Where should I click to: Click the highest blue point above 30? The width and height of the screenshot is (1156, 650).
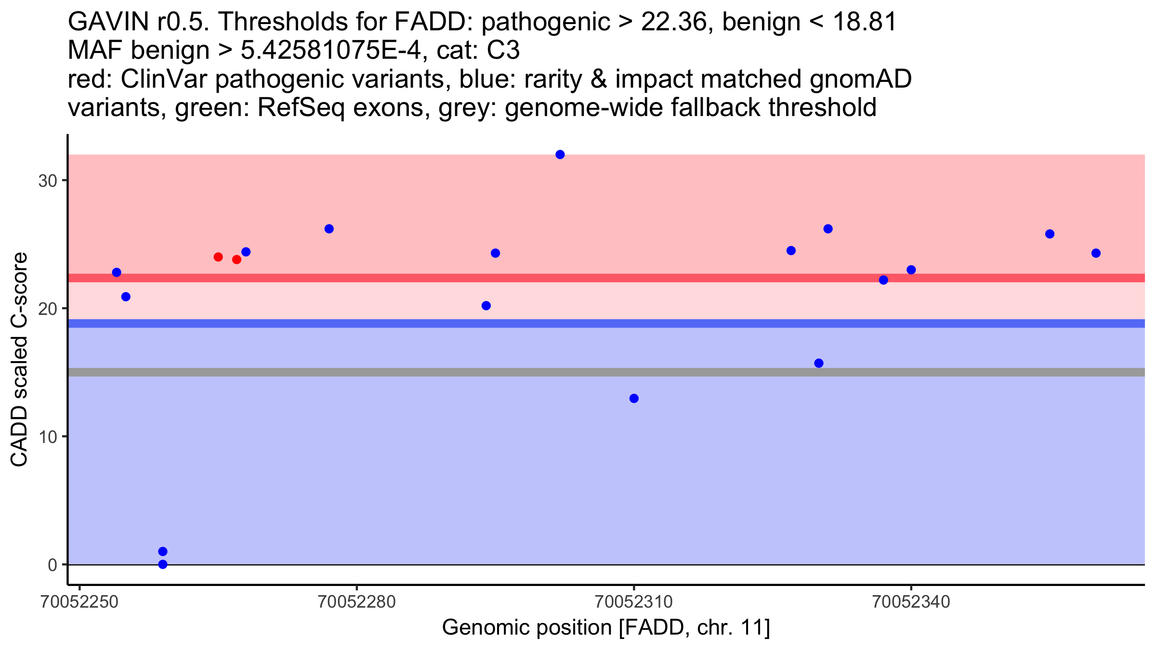coord(560,155)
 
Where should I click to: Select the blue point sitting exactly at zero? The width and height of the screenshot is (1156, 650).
coord(163,564)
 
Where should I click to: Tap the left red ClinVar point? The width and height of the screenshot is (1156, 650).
coord(218,257)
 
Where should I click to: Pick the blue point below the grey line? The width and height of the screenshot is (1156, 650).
coord(634,398)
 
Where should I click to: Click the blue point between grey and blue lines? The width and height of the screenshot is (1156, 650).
coord(819,363)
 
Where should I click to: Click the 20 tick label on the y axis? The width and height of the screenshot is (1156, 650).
coord(47,309)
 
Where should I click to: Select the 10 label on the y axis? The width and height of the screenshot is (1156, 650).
coord(47,437)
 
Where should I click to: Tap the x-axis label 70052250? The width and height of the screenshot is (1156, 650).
coord(80,602)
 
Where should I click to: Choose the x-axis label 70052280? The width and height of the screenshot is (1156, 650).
coord(357,602)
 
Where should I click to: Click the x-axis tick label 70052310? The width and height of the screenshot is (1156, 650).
coord(634,602)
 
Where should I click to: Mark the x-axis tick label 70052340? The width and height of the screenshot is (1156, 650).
coord(911,602)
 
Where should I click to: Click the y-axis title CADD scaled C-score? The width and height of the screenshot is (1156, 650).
coord(19,360)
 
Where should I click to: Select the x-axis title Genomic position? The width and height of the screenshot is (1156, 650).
coord(606,628)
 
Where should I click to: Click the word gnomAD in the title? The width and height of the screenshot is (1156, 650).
coord(861,79)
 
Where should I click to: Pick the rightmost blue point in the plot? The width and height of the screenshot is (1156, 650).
coord(1096,253)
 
